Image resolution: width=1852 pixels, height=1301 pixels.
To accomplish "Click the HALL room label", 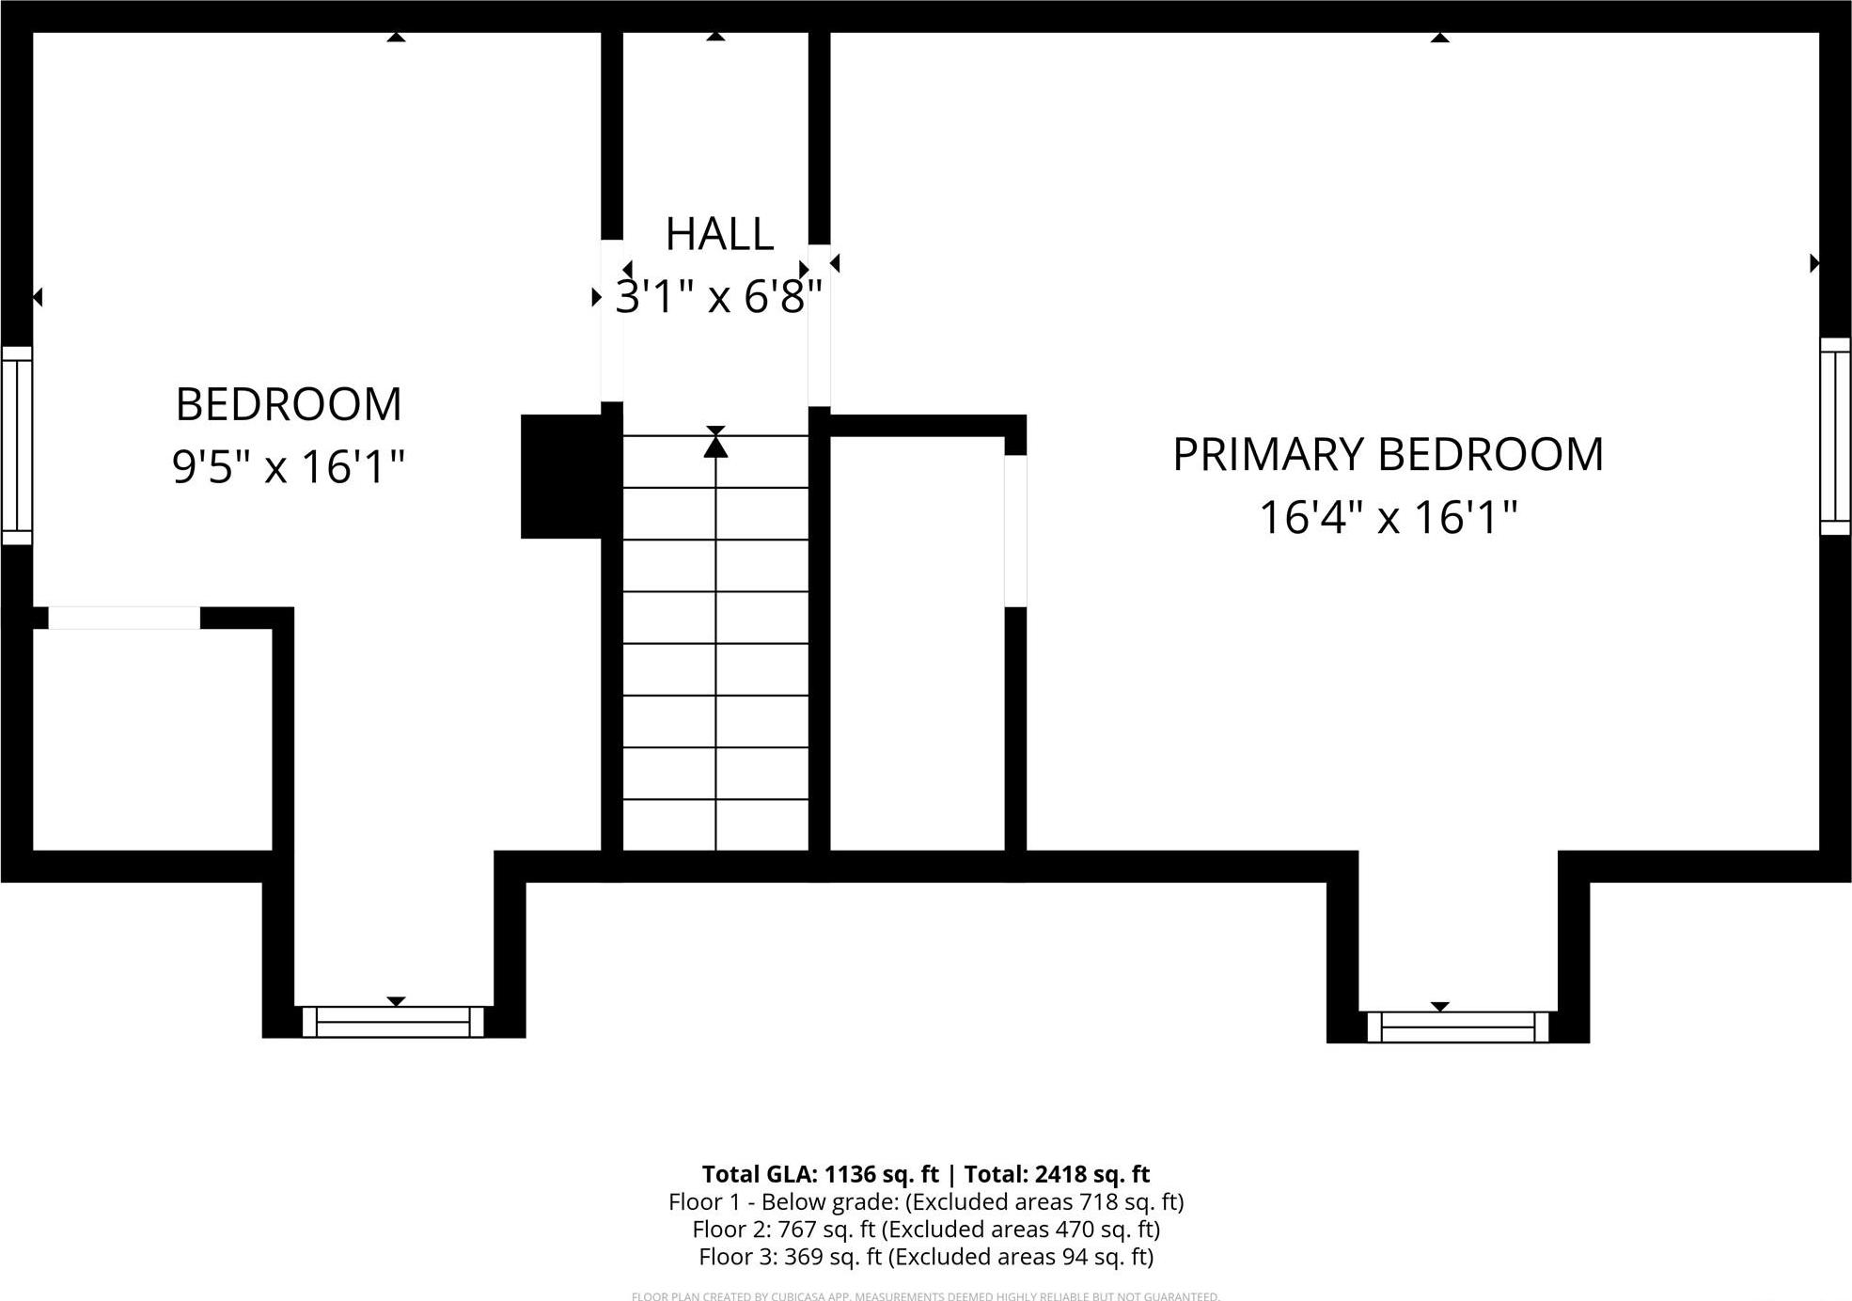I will (x=719, y=234).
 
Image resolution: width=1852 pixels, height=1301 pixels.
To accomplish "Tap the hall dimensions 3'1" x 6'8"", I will (x=719, y=297).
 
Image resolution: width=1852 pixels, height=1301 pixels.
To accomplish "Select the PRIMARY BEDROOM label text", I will (x=1388, y=455).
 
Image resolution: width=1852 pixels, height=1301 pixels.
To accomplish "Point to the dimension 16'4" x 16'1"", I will (x=1388, y=517).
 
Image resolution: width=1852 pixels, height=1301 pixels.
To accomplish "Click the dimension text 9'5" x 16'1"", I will (x=289, y=466).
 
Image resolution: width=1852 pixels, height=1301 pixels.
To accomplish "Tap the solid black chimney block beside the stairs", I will (x=562, y=477).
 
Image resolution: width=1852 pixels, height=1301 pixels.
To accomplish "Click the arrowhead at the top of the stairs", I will (x=715, y=446).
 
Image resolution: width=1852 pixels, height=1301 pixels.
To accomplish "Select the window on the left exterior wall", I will (x=17, y=445).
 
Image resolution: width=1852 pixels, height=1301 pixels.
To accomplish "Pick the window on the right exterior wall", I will (x=1835, y=436).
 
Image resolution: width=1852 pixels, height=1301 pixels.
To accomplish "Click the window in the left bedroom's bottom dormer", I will (x=393, y=1022).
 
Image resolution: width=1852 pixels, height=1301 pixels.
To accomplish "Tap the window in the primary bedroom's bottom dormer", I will (x=1457, y=1027).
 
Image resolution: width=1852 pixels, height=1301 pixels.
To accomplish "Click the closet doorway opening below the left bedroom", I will (x=124, y=618).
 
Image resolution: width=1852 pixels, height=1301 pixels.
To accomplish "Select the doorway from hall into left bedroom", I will (x=612, y=321).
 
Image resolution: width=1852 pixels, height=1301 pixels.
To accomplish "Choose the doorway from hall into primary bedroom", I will (x=819, y=325).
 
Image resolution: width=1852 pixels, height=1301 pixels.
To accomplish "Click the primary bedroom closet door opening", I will (x=1015, y=531).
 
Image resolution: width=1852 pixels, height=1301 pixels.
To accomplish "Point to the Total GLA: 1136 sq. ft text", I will (x=820, y=1174).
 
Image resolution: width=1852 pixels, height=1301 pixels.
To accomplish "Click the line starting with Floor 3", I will (x=926, y=1257).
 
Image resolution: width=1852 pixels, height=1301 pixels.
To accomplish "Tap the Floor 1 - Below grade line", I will (x=926, y=1201).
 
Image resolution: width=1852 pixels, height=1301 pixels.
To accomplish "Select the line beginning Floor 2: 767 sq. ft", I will (x=926, y=1230).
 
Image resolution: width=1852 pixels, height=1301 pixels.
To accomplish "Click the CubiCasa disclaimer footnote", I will (x=926, y=1296).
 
